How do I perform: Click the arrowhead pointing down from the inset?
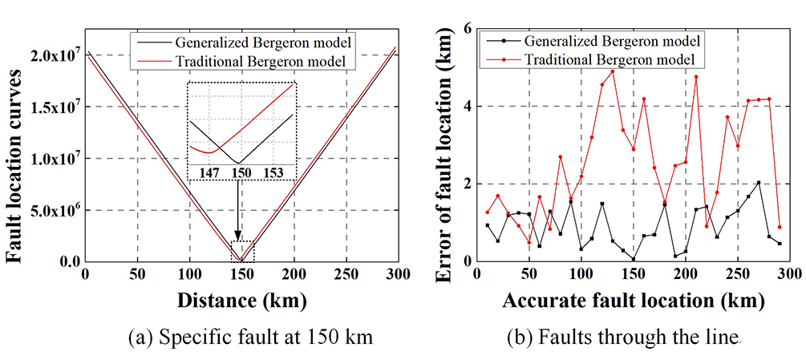238,233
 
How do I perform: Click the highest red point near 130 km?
613,71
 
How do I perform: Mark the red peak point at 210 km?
696,77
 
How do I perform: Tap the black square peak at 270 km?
759,183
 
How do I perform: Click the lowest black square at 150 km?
634,259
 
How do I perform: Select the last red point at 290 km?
780,227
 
